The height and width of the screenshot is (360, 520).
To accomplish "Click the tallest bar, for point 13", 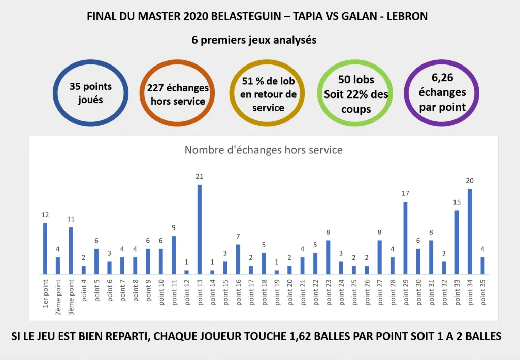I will pyautogui.click(x=200, y=230).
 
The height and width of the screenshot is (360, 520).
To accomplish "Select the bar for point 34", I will pyautogui.click(x=469, y=232).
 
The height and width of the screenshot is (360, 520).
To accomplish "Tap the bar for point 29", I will pyautogui.click(x=405, y=238).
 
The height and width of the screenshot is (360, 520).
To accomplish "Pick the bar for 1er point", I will pyautogui.click(x=45, y=249).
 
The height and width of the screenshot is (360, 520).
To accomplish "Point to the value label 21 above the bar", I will pyautogui.click(x=200, y=176).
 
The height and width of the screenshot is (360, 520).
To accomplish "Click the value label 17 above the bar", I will pyautogui.click(x=405, y=193).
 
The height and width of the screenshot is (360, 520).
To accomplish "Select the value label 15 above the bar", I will pyautogui.click(x=457, y=202).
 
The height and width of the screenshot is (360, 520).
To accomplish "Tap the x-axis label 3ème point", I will pyautogui.click(x=71, y=291).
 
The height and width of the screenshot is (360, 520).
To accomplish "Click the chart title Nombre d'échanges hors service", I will pyautogui.click(x=263, y=150).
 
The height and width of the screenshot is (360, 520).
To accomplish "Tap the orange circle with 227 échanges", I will pyautogui.click(x=178, y=94).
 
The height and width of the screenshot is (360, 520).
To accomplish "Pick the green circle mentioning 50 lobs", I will pyautogui.click(x=355, y=94).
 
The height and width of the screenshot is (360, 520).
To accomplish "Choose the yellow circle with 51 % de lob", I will pyautogui.click(x=267, y=94).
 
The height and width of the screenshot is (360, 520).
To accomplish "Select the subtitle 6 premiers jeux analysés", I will pyautogui.click(x=254, y=40).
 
